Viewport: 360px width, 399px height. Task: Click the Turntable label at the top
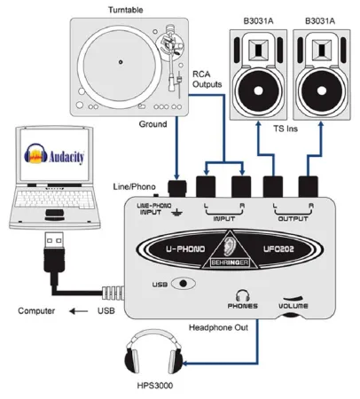pos(129,9)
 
